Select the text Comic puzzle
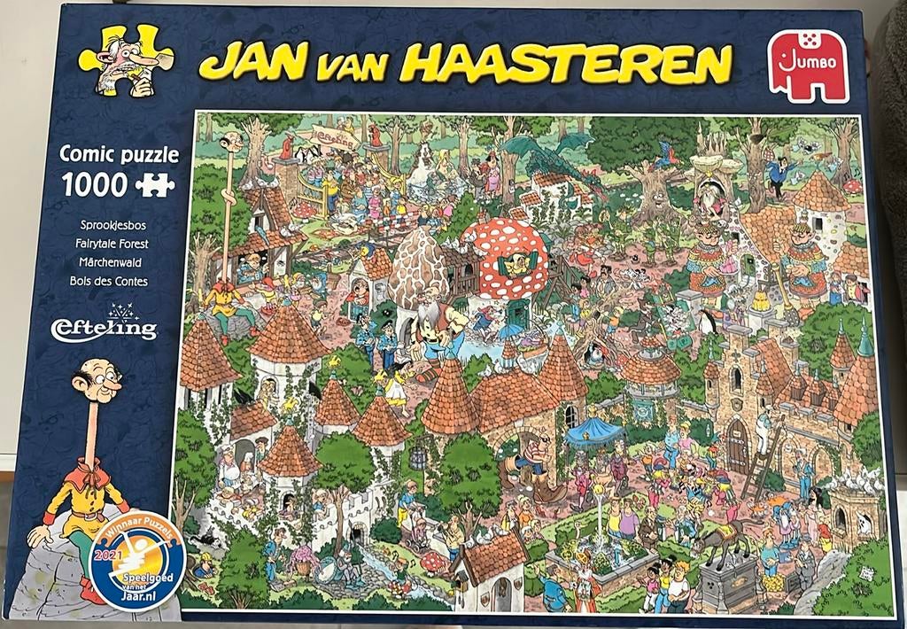[x=120, y=155]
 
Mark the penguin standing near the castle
[x=707, y=323]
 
